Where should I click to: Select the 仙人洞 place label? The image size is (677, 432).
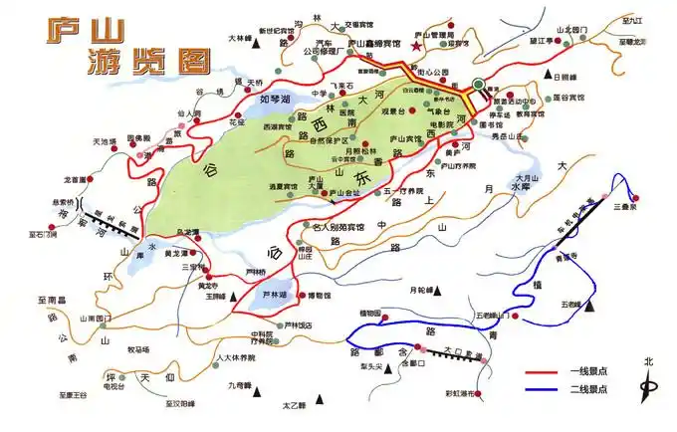189,114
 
